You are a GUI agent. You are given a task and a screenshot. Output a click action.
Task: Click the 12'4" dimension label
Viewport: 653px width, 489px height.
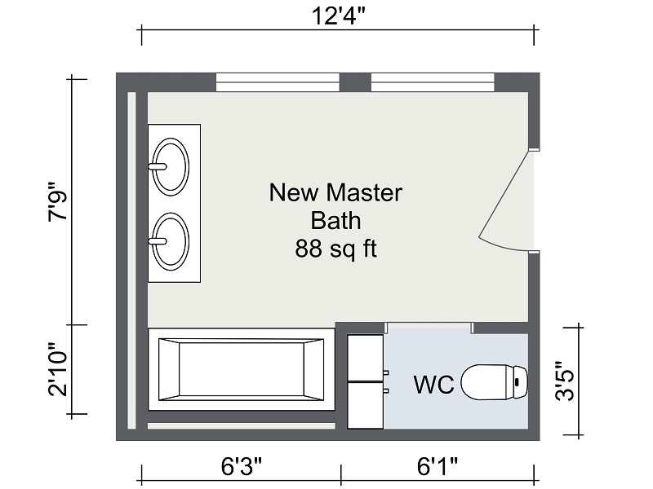pyautogui.click(x=338, y=16)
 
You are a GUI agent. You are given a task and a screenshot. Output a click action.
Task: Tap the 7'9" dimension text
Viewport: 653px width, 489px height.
pyautogui.click(x=58, y=201)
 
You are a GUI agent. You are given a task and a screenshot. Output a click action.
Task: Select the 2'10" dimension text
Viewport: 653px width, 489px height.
pyautogui.click(x=58, y=370)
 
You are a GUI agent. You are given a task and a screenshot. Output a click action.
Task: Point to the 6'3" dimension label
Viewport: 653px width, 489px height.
pyautogui.click(x=242, y=466)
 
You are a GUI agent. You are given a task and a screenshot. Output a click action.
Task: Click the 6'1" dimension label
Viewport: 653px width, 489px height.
pyautogui.click(x=438, y=466)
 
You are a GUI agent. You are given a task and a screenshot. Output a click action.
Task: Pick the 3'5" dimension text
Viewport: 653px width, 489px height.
pyautogui.click(x=565, y=381)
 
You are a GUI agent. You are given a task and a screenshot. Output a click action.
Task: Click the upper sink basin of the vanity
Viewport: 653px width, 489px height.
pyautogui.click(x=171, y=167)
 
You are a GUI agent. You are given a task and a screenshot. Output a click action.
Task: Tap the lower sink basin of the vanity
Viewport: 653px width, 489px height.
pyautogui.click(x=171, y=241)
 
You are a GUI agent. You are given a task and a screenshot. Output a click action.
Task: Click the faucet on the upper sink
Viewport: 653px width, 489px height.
pyautogui.click(x=158, y=167)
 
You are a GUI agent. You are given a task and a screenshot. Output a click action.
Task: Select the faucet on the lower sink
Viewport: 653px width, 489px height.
pyautogui.click(x=158, y=241)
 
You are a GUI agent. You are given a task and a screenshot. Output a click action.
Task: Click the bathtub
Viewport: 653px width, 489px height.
pyautogui.click(x=242, y=370)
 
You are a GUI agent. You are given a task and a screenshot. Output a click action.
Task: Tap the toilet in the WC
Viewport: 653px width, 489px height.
pyautogui.click(x=495, y=382)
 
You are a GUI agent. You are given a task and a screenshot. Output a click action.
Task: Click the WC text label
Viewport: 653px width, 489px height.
pyautogui.click(x=434, y=384)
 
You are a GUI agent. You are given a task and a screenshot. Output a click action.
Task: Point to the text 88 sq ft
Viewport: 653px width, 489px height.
pyautogui.click(x=336, y=249)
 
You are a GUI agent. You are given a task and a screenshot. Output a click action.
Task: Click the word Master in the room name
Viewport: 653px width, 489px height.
pyautogui.click(x=364, y=192)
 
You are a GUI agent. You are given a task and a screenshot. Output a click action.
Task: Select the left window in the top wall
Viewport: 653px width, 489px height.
pyautogui.click(x=278, y=82)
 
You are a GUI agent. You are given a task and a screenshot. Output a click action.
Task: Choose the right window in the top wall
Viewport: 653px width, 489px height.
pyautogui.click(x=433, y=82)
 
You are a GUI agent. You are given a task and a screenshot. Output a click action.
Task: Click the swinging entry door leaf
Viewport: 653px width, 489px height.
pyautogui.click(x=504, y=195)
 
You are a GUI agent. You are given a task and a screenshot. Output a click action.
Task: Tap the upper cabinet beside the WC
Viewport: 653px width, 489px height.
pyautogui.click(x=366, y=358)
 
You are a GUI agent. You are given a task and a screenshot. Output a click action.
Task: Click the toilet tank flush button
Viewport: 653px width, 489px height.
pyautogui.click(x=518, y=381)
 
